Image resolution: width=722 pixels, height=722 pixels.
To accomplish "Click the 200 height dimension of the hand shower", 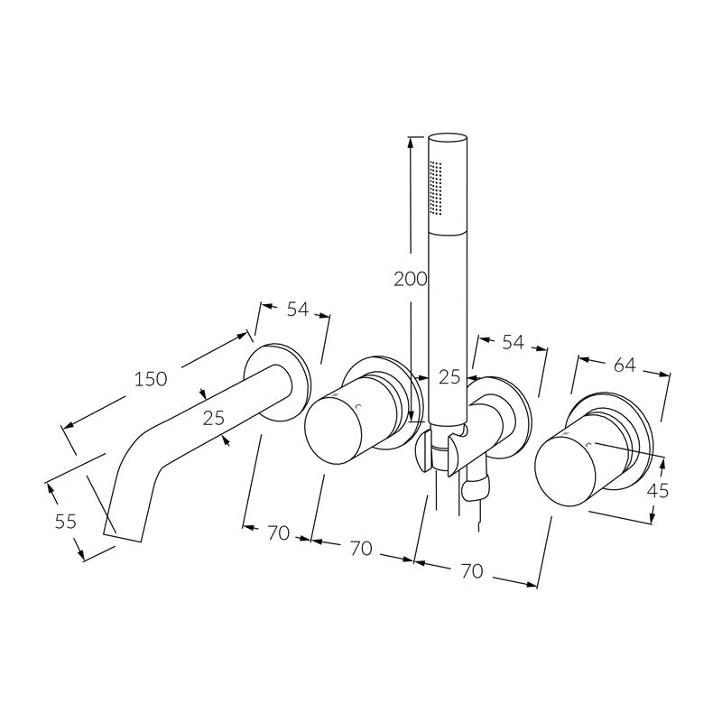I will [410, 279].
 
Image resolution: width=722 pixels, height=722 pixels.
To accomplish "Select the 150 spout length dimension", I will [150, 379].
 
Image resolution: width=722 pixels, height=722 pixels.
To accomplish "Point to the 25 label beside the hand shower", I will [449, 377].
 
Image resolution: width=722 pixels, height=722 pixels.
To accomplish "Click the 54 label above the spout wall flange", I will [297, 309].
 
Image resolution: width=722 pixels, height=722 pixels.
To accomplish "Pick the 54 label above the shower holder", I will [513, 342].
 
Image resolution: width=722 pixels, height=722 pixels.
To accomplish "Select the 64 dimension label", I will [624, 365].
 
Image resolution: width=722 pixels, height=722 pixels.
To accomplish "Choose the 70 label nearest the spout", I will [278, 532].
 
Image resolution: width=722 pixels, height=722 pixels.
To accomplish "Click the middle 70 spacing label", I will [360, 549].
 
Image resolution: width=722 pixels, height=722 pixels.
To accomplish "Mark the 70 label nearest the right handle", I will [471, 570].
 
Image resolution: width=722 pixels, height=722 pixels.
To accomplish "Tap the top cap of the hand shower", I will [449, 139].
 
